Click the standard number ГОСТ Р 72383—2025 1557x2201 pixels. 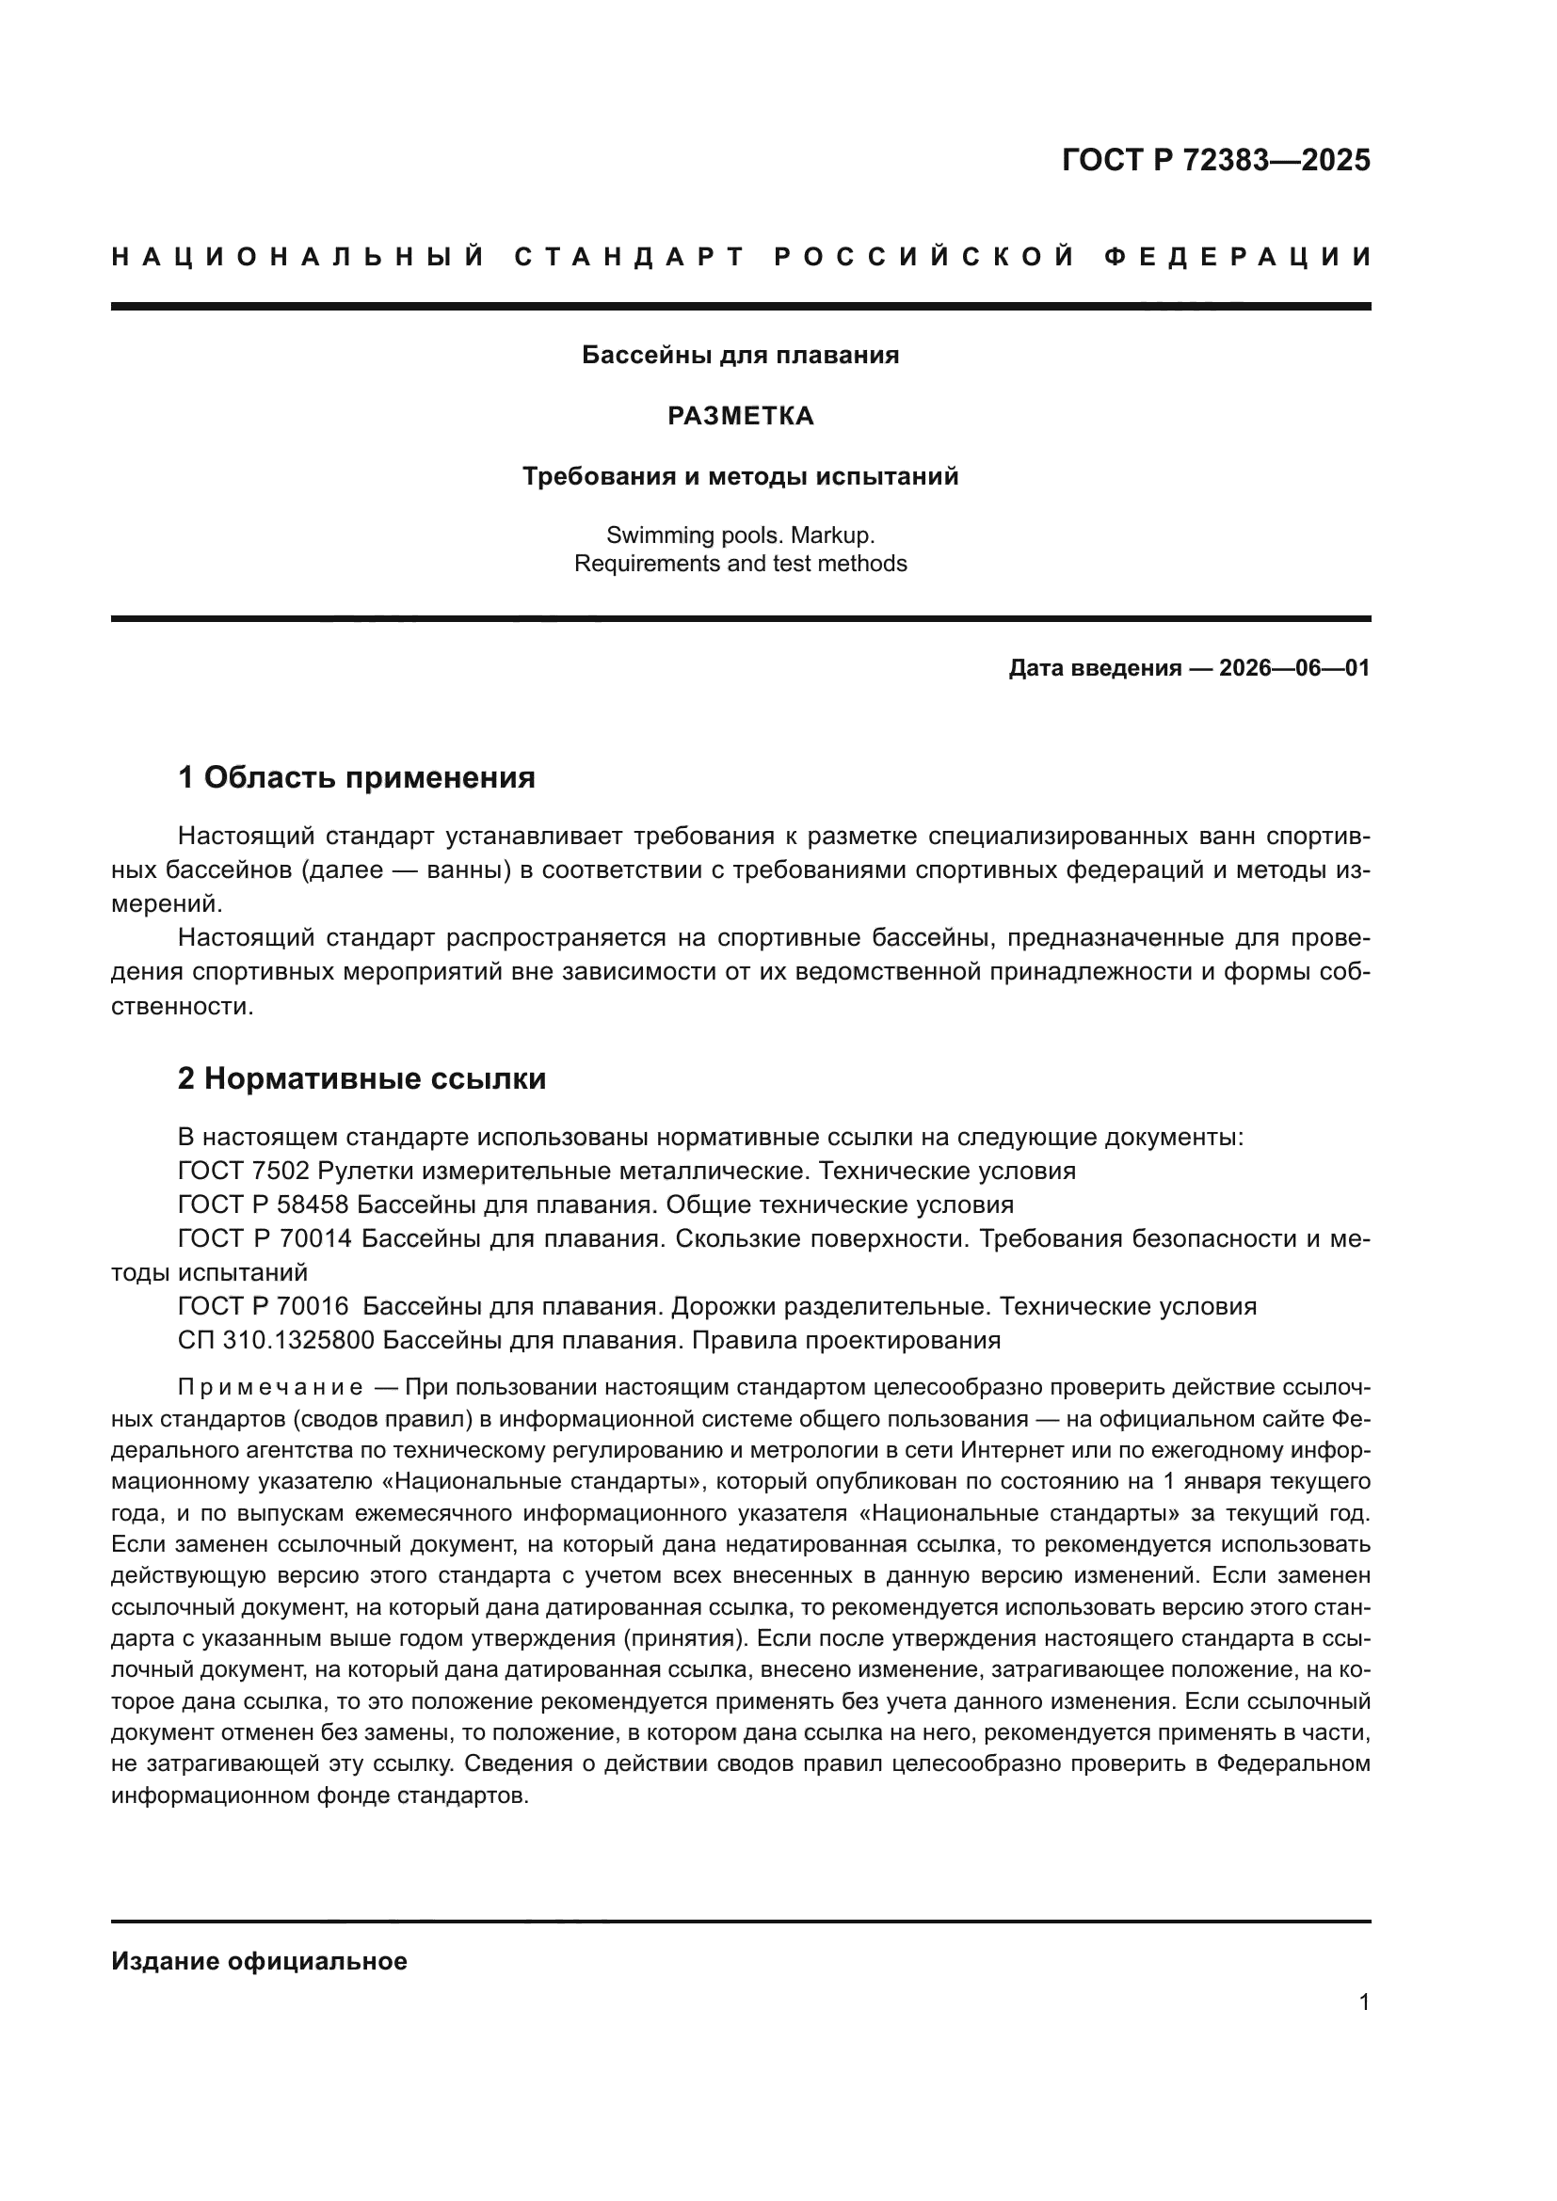pos(1214,160)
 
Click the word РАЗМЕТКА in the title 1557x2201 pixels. pos(740,416)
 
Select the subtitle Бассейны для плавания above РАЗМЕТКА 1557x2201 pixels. pos(740,356)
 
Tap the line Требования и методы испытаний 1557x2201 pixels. pos(740,476)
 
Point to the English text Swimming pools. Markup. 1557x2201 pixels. pos(740,534)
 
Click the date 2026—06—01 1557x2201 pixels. pos(1293,668)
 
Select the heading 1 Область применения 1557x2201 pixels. pos(356,777)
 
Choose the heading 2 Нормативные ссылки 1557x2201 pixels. pos(361,1078)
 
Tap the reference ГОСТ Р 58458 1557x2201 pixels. pos(263,1204)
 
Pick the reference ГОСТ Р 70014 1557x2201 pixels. pos(265,1238)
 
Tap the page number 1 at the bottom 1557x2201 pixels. pos(1363,2002)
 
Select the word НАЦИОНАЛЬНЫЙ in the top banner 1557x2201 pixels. pos(298,257)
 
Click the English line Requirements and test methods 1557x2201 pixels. pos(740,564)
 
